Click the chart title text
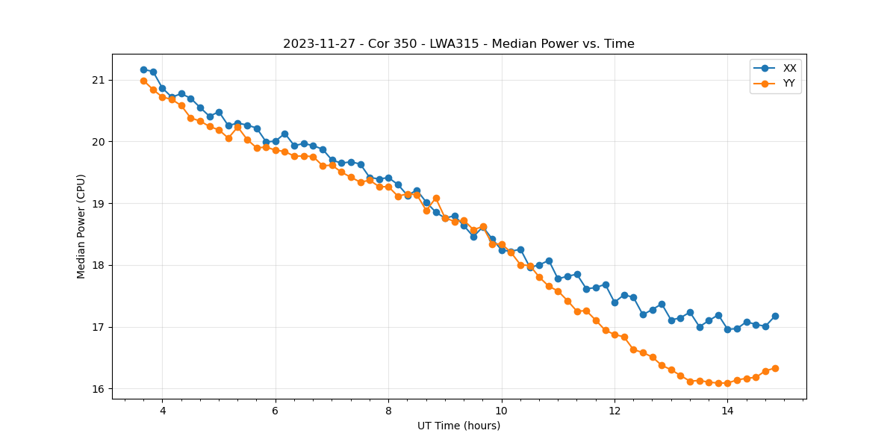[x=458, y=44]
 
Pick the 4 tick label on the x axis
[x=162, y=410]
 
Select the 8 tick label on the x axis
[x=388, y=410]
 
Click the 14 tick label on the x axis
[x=727, y=410]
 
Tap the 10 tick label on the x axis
[x=501, y=410]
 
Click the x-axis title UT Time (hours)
[x=458, y=426]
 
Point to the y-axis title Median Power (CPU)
[x=81, y=226]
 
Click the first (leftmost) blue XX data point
[x=143, y=69]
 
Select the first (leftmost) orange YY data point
[x=143, y=81]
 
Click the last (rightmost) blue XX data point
[x=775, y=316]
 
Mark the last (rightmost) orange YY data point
[x=775, y=368]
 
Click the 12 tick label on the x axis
[x=615, y=410]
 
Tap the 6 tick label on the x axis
[x=275, y=410]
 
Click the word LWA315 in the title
[x=450, y=44]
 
